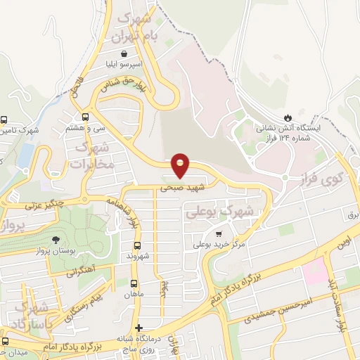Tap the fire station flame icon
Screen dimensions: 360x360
point(286,116)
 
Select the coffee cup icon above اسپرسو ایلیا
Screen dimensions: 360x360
point(124,53)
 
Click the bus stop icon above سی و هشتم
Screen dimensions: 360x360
point(85,117)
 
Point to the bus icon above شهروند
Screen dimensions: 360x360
point(138,246)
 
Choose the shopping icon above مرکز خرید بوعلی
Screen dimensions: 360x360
point(219,233)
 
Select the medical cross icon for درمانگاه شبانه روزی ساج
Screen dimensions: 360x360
point(139,328)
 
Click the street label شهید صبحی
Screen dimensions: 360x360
point(174,188)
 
